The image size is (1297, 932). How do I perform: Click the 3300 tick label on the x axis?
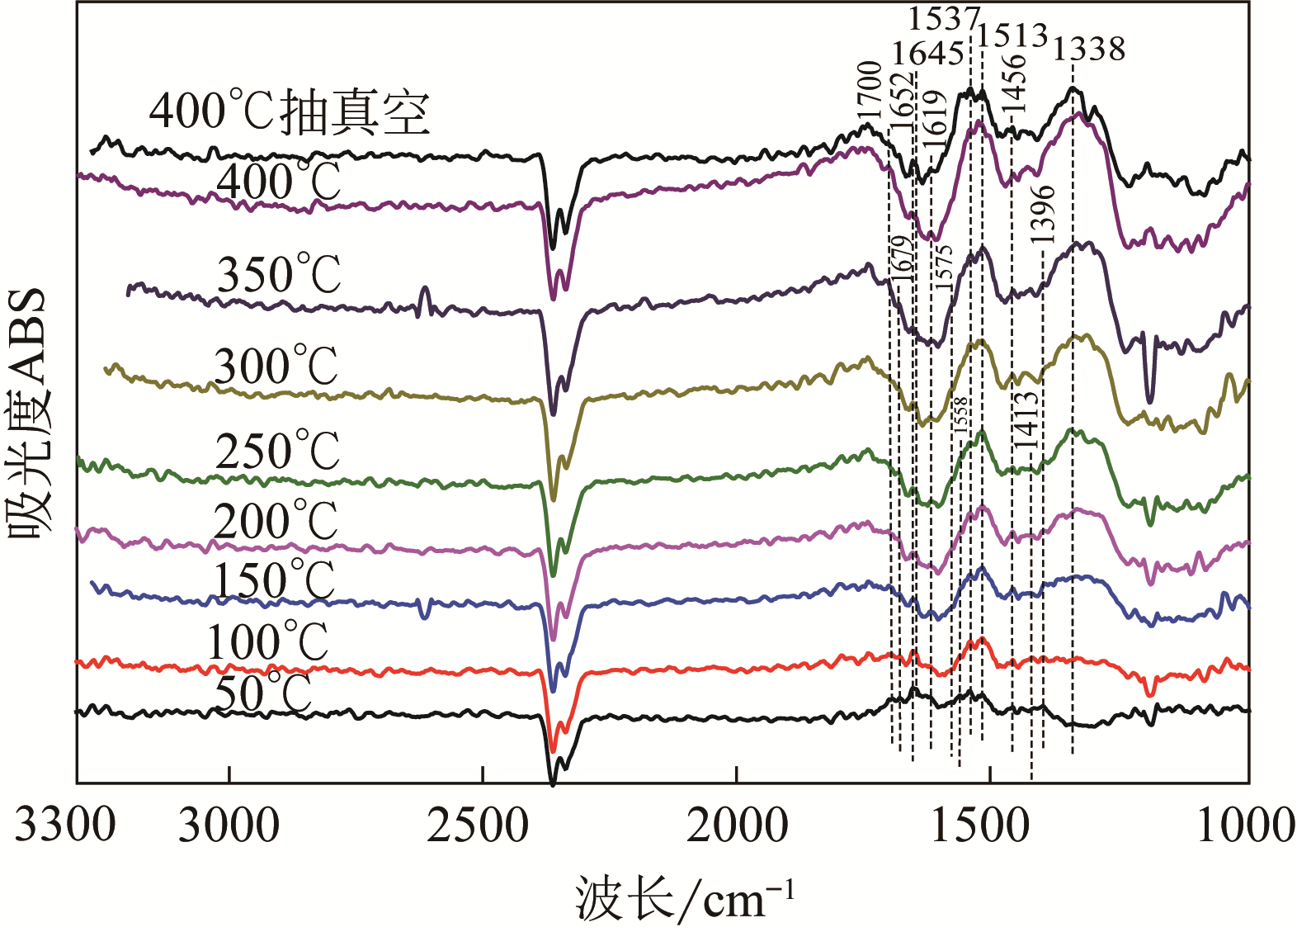(65, 826)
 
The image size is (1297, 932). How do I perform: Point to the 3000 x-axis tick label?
(229, 826)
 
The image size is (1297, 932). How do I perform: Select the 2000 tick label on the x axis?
(737, 826)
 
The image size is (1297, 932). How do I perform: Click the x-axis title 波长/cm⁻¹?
(684, 899)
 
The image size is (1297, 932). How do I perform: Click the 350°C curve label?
(279, 274)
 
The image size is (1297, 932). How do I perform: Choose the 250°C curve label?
(277, 451)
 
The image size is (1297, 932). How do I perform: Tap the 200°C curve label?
(276, 521)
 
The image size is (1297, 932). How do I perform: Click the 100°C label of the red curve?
(267, 642)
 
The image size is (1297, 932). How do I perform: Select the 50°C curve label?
(263, 693)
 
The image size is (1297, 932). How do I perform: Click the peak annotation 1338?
(1088, 50)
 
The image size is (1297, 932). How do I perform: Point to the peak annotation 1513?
(1012, 35)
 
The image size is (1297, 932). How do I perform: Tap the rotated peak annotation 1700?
(870, 92)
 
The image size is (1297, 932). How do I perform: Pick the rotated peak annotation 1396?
(1043, 214)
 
